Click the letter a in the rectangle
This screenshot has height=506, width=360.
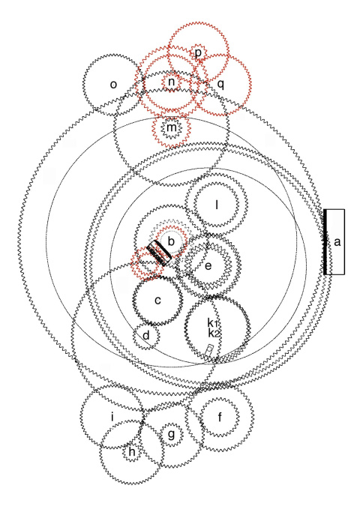pyautogui.click(x=337, y=241)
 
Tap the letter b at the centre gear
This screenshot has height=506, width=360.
pyautogui.click(x=171, y=241)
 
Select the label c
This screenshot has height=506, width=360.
pyautogui.click(x=157, y=301)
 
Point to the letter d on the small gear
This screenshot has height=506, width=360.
pyautogui.click(x=146, y=335)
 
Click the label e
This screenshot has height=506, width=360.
pyautogui.click(x=208, y=265)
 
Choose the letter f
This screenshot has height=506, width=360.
pyautogui.click(x=220, y=417)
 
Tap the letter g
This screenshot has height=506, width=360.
pyautogui.click(x=171, y=434)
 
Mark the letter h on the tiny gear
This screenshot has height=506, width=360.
pyautogui.click(x=132, y=452)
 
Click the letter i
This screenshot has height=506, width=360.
pyautogui.click(x=112, y=417)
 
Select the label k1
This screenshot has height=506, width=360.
pyautogui.click(x=213, y=322)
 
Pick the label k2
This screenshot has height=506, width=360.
pyautogui.click(x=214, y=333)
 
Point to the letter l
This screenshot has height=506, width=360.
pyautogui.click(x=217, y=205)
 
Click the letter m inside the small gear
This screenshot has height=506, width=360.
pyautogui.click(x=172, y=127)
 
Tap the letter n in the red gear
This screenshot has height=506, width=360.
pyautogui.click(x=172, y=82)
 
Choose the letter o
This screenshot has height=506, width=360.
pyautogui.click(x=113, y=85)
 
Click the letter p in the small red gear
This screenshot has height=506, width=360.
pyautogui.click(x=198, y=52)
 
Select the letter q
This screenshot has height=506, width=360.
pyautogui.click(x=220, y=85)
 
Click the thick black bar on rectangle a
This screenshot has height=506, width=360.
pyautogui.click(x=325, y=242)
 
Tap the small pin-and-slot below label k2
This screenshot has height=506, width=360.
pyautogui.click(x=209, y=350)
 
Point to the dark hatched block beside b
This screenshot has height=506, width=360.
pyautogui.click(x=159, y=253)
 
